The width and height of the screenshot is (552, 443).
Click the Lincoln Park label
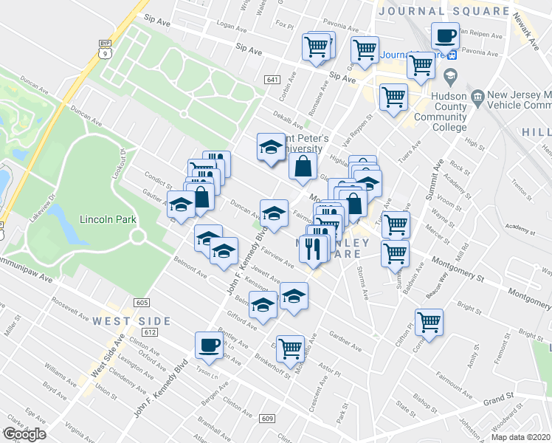point(105,220)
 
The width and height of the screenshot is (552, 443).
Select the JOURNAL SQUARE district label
point(443,10)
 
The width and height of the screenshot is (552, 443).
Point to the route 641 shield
point(272,80)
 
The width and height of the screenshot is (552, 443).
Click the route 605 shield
point(143,303)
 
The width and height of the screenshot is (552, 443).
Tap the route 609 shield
point(267,419)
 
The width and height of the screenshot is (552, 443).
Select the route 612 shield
point(151,332)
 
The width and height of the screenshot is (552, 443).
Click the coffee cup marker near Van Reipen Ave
point(445,35)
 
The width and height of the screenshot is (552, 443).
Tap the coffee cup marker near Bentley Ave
point(209,344)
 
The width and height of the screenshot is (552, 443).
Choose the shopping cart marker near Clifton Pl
point(429,322)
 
